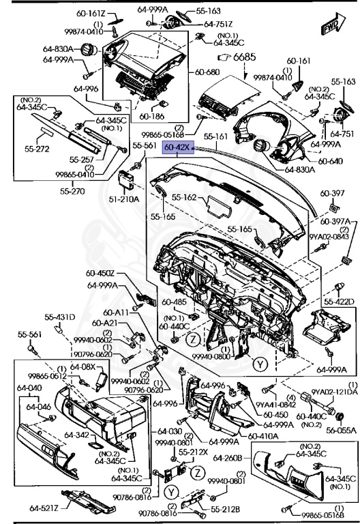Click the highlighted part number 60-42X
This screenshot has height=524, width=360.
(177, 147)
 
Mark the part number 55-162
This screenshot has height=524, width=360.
(185, 198)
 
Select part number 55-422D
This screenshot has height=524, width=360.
(338, 301)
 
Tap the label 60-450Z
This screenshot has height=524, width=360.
(102, 274)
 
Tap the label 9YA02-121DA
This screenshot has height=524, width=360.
(335, 391)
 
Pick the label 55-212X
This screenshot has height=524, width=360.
(194, 452)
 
